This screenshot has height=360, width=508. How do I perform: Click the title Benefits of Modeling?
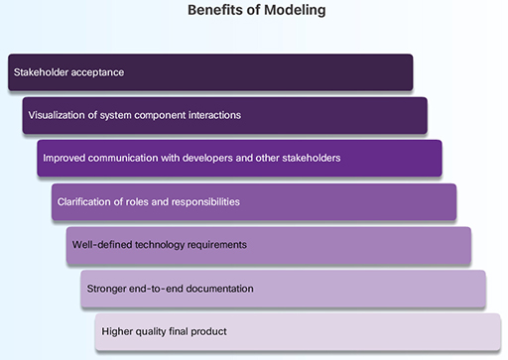click(255, 11)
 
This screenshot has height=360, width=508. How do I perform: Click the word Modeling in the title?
click(292, 11)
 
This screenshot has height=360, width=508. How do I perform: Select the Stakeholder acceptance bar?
click(210, 72)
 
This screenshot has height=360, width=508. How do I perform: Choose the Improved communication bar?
click(239, 159)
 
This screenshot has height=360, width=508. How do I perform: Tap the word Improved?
click(64, 159)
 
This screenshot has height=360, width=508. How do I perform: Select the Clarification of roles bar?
click(254, 202)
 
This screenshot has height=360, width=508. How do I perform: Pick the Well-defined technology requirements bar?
click(269, 245)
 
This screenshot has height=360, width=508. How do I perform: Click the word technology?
click(160, 245)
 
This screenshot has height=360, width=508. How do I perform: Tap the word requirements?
click(217, 245)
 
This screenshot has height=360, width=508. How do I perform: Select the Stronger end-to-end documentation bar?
click(284, 289)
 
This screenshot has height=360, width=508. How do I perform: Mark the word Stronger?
click(106, 289)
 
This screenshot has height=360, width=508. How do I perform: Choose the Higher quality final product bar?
click(298, 331)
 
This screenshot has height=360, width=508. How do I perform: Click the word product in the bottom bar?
click(208, 331)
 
